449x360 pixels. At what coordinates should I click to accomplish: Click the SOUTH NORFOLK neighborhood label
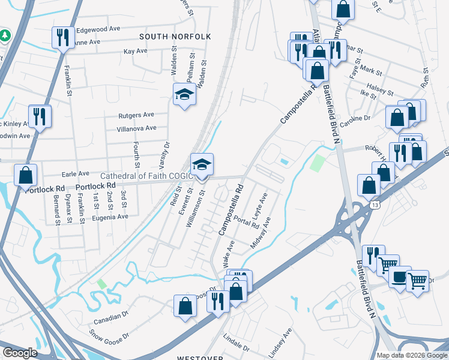tap(175, 37)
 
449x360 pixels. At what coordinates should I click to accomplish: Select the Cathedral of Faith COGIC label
tap(145, 176)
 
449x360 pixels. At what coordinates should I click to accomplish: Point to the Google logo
tap(20, 353)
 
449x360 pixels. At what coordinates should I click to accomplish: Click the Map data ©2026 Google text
tap(412, 355)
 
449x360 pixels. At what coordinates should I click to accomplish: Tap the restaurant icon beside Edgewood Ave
tap(63, 38)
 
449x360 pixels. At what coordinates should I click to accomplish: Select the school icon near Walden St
tap(185, 94)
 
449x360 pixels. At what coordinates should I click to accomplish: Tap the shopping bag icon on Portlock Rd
tap(26, 176)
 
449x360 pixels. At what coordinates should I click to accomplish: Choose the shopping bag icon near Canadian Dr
tap(185, 305)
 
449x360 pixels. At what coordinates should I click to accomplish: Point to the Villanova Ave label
tap(136, 128)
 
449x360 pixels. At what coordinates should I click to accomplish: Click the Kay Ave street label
tap(135, 52)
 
